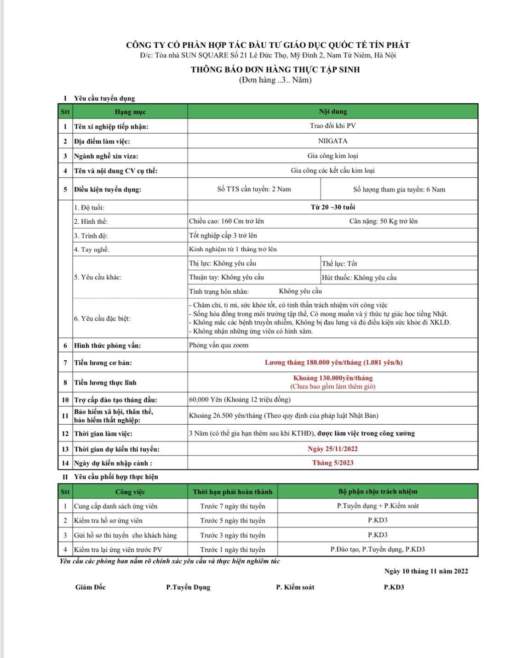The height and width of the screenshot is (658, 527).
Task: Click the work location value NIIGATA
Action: [x=332, y=141]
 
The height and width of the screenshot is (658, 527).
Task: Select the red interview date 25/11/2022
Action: [x=332, y=449]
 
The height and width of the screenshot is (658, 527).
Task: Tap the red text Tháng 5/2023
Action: [x=332, y=463]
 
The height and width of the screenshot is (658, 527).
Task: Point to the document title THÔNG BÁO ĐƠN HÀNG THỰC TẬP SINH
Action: [x=275, y=70]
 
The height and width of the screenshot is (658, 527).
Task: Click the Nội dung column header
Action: [x=332, y=112]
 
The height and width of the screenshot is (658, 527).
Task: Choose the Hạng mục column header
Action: [x=130, y=112]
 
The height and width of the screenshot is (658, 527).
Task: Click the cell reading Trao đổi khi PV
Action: [x=332, y=126]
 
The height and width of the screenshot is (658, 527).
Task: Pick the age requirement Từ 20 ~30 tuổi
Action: [x=332, y=207]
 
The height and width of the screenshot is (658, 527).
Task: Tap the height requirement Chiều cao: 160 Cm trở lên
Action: [x=226, y=221]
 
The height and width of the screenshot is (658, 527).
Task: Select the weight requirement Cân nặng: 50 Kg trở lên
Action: [x=383, y=221]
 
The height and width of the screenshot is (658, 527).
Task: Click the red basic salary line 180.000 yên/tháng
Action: [x=333, y=363]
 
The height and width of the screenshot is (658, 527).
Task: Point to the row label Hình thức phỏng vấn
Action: [x=107, y=346]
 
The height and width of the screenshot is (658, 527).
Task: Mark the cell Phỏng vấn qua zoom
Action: [x=218, y=346]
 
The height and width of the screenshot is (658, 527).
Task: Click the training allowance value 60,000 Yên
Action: [x=239, y=400]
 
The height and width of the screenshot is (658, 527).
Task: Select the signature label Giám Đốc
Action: [x=90, y=587]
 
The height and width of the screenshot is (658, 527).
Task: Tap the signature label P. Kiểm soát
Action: [x=295, y=587]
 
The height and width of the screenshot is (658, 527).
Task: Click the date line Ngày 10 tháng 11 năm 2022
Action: [x=426, y=571]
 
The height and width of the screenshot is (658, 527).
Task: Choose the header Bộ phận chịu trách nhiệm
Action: [x=378, y=492]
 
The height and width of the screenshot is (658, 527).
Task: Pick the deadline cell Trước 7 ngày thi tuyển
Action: [x=232, y=506]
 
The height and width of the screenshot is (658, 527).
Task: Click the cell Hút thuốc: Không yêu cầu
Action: [x=359, y=278]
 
